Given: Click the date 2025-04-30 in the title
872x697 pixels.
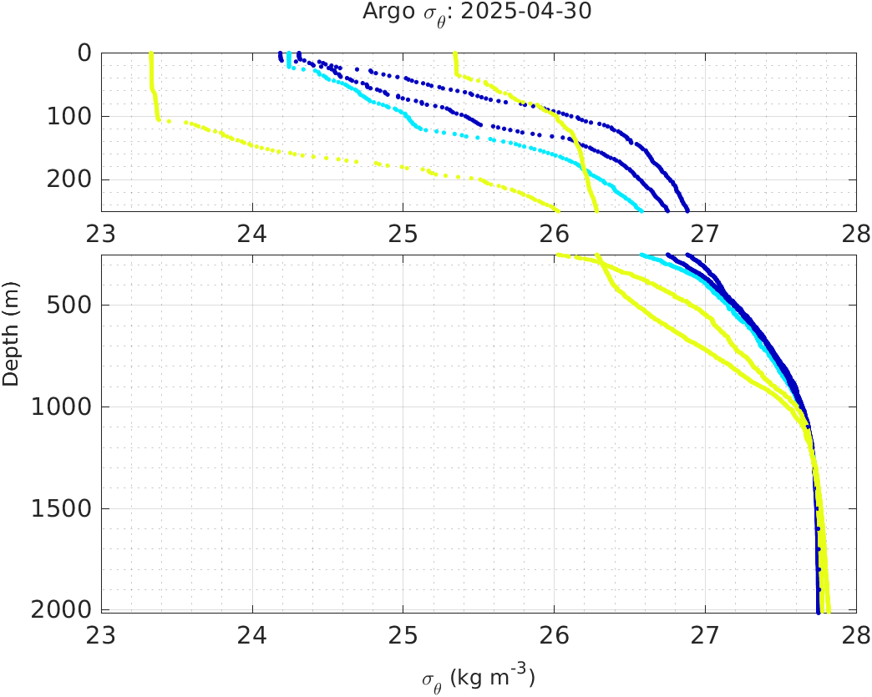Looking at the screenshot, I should pyautogui.click(x=531, y=12).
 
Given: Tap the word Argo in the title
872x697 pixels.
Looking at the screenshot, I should pyautogui.click(x=382, y=12).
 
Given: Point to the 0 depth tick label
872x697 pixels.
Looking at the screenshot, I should pyautogui.click(x=84, y=53).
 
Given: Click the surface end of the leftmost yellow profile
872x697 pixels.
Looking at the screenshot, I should pyautogui.click(x=150, y=54).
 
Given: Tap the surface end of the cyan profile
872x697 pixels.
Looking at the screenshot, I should pyautogui.click(x=289, y=54).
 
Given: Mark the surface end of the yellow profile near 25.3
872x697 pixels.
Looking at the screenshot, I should pyautogui.click(x=454, y=54).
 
